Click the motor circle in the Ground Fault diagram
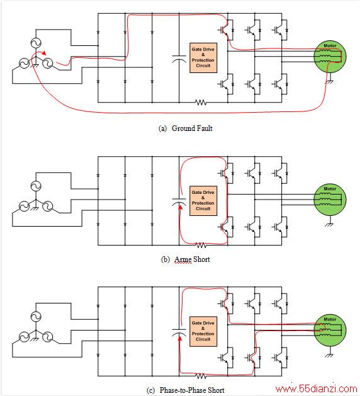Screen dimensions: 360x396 point(330,57)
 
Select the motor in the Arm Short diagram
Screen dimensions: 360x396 point(330,200)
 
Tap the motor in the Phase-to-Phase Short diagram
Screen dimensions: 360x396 point(330,331)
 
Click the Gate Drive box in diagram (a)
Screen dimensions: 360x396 point(203,58)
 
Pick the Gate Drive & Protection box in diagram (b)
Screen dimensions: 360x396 point(203,201)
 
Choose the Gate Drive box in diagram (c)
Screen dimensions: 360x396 point(203,331)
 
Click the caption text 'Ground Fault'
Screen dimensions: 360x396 point(192,128)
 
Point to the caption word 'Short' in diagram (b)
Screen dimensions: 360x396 point(201,259)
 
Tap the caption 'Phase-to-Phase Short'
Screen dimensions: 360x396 point(192,390)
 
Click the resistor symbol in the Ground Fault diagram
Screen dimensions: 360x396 point(201,102)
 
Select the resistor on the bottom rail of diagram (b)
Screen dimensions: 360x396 point(201,246)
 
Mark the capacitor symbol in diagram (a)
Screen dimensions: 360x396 point(179,59)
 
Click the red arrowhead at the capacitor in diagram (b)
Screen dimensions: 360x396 point(180,207)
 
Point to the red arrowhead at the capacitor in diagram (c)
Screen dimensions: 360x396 point(180,337)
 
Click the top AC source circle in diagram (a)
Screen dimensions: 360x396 point(36,43)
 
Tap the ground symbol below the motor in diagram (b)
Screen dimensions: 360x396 point(329,224)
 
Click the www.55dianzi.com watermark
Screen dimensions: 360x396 point(317,389)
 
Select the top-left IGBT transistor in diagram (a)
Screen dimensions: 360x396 point(225,30)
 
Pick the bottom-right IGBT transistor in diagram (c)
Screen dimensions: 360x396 point(279,358)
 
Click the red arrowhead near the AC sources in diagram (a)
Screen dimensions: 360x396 point(44,53)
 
